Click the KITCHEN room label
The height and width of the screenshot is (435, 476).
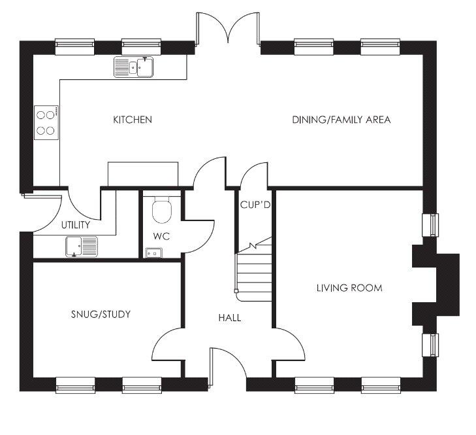(x=133, y=120)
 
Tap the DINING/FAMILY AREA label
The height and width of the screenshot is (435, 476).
(x=341, y=120)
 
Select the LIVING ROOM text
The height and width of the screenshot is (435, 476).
(x=349, y=288)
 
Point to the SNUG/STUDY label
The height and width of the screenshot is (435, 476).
(x=101, y=314)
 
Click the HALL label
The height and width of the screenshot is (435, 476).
(x=230, y=318)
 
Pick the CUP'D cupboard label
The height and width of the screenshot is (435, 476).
(x=255, y=205)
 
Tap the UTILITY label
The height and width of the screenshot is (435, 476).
(x=76, y=225)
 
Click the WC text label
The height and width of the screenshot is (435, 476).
(x=161, y=236)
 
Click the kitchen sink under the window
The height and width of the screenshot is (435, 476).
(x=134, y=67)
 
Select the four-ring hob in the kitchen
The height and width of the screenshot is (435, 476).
(x=46, y=122)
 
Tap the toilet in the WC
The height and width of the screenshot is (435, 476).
(x=162, y=209)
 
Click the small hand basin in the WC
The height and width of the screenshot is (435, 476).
(x=154, y=253)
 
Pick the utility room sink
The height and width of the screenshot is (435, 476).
(x=82, y=247)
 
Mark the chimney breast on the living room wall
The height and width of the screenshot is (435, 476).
(x=436, y=285)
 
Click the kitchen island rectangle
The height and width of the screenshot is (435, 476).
(x=143, y=174)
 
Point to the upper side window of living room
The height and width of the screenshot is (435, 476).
(x=431, y=225)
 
